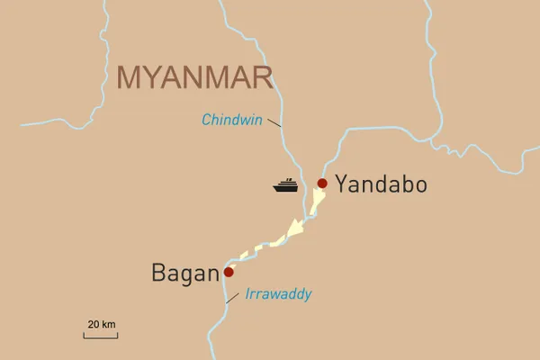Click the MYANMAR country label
(x=194, y=77)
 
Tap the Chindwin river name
(x=232, y=120)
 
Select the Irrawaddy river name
(x=278, y=294)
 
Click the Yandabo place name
(x=381, y=185)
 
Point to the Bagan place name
(x=184, y=273)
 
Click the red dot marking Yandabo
(x=322, y=184)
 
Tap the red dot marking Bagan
(x=229, y=272)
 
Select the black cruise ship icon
(x=286, y=185)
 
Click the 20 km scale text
(x=102, y=324)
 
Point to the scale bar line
(x=101, y=337)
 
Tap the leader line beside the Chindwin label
(x=274, y=124)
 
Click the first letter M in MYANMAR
(x=130, y=77)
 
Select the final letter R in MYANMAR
(x=262, y=77)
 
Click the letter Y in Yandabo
(x=342, y=185)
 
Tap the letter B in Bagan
(x=158, y=273)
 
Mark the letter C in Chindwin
(x=207, y=120)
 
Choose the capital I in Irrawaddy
(x=247, y=294)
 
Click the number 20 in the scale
(x=94, y=324)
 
